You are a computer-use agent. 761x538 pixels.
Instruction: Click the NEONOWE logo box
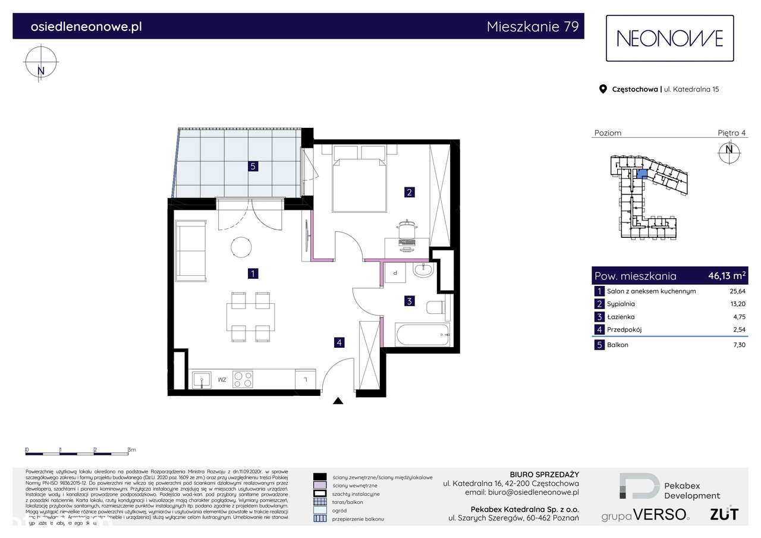click(669, 38)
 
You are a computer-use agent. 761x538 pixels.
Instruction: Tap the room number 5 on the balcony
click(253, 166)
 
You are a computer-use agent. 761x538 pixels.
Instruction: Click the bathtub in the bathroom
click(423, 335)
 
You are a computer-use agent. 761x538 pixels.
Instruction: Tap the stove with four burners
click(243, 379)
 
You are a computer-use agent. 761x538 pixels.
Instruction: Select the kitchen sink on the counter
click(201, 379)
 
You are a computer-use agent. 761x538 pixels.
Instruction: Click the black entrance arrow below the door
click(338, 401)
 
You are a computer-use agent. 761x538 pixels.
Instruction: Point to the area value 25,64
click(737, 291)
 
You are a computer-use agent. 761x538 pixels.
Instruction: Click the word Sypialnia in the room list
click(621, 304)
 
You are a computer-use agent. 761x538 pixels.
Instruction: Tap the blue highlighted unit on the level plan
click(641, 174)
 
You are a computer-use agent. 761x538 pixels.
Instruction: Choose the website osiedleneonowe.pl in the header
click(86, 27)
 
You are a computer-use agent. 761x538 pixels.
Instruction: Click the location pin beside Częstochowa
click(602, 89)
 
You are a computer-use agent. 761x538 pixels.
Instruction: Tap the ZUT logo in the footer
click(724, 514)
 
